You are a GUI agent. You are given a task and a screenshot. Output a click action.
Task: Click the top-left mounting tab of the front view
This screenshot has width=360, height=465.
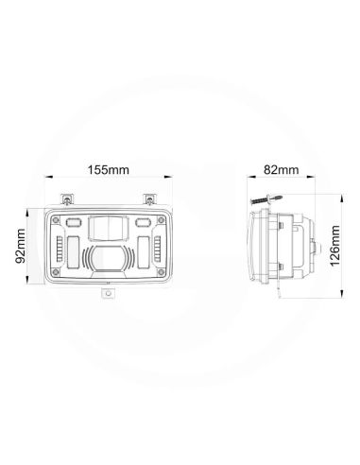tap(68, 199)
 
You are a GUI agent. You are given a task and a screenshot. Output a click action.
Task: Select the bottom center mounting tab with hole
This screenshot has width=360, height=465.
tap(108, 294)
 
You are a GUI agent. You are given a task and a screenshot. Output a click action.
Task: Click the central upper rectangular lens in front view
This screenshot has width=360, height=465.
tap(108, 226)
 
